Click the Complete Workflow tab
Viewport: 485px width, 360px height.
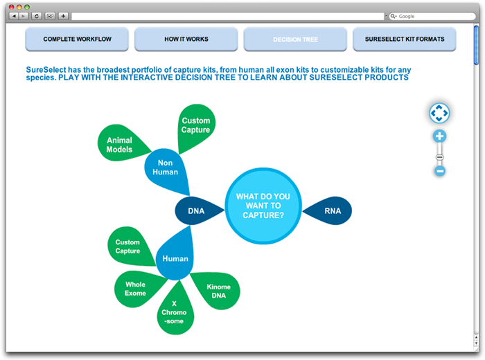[x=77, y=39]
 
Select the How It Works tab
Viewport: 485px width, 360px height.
[x=186, y=39]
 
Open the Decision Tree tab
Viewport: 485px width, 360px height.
[x=295, y=39]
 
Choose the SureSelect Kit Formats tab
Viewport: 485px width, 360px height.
[x=405, y=39]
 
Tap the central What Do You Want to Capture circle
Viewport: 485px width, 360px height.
[x=263, y=206]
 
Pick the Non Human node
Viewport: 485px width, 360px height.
[x=167, y=170]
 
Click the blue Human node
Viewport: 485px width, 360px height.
[x=175, y=256]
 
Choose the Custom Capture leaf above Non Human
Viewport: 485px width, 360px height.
[x=195, y=127]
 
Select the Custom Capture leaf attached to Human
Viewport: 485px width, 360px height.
[x=130, y=246]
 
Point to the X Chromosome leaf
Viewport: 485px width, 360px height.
[x=175, y=311]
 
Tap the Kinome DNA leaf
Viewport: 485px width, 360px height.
[x=218, y=291]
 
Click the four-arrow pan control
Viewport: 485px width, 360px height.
[x=439, y=113]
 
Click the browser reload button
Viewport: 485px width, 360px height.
[x=37, y=16]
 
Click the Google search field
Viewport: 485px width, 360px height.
[x=432, y=16]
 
